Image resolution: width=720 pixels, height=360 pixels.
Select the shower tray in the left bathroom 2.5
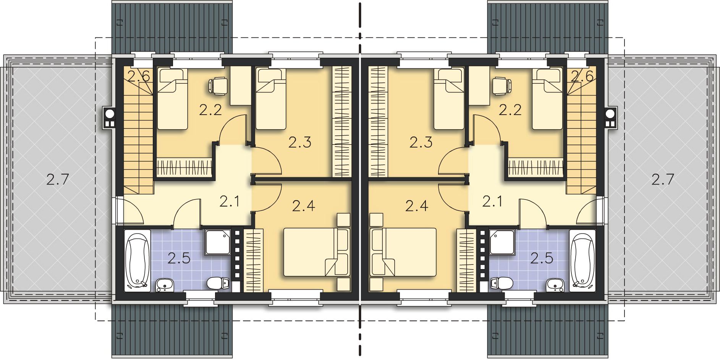tap(218, 242)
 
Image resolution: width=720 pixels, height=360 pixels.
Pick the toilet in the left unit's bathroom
tap(218, 283)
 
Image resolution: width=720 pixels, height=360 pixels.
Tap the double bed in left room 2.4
tap(316, 252)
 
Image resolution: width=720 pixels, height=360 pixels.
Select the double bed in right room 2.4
tap(403, 252)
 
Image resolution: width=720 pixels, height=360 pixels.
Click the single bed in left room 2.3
tap(271, 99)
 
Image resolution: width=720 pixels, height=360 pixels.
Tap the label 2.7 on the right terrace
tap(663, 179)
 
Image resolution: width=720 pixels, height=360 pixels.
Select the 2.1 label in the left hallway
tap(230, 201)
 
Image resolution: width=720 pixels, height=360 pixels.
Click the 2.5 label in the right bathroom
tap(542, 258)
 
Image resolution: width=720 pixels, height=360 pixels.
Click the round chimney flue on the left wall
tap(109, 114)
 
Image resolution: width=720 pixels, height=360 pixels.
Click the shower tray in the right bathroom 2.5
tap(502, 242)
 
